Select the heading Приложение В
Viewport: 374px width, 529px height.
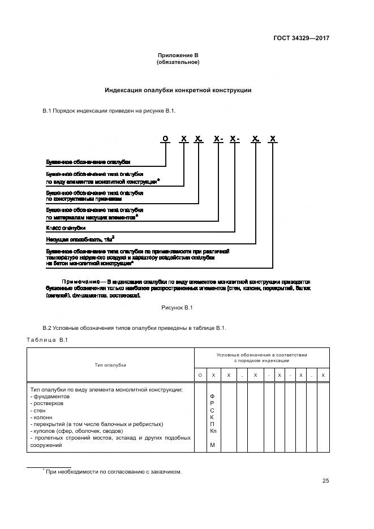point(178,55)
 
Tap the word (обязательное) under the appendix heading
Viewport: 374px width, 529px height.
point(178,62)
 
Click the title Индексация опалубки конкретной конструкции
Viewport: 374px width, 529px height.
point(178,91)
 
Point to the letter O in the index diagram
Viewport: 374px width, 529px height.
point(165,139)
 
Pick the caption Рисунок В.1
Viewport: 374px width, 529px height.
point(178,307)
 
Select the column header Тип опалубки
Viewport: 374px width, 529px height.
point(110,365)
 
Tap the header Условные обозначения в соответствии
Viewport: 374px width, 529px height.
point(261,355)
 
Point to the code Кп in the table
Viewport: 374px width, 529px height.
point(213,431)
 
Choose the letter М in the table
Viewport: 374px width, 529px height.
point(212,445)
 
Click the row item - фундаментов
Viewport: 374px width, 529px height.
point(50,397)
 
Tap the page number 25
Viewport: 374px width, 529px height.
point(325,481)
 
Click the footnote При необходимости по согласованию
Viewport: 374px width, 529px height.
point(114,471)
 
